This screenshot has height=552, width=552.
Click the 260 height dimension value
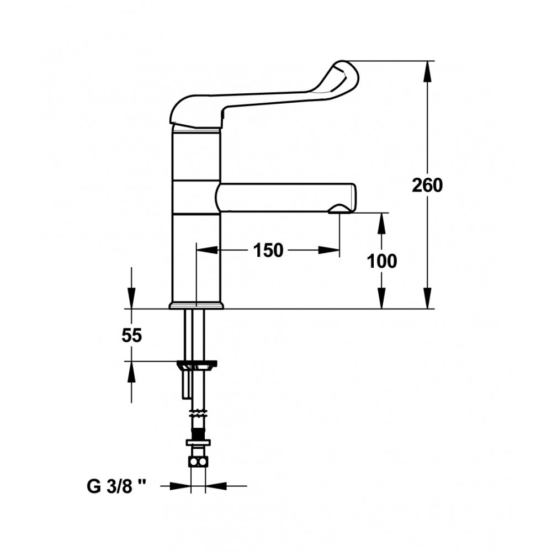coord(427,185)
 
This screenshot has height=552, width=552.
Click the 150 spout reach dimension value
coord(268,251)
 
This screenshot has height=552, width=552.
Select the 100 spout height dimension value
coord(382,261)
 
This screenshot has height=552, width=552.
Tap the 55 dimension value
coord(132,336)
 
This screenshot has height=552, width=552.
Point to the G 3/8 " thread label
coord(116,487)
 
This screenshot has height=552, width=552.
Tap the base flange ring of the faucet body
coord(196,306)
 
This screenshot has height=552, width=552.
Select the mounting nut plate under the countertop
coord(197,365)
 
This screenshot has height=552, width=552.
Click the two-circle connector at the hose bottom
coord(198,461)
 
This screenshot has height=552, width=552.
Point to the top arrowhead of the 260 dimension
coord(427,72)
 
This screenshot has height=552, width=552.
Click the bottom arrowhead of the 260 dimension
coord(427,298)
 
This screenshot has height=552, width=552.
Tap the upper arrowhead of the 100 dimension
coord(382,224)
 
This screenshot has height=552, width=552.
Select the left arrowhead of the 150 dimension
coord(207,250)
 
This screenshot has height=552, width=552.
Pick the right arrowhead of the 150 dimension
coord(329,250)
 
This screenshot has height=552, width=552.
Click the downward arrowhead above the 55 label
coord(131,298)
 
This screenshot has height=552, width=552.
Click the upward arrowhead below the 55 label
coord(131,372)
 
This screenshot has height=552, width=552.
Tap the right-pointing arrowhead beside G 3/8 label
coord(181,486)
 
